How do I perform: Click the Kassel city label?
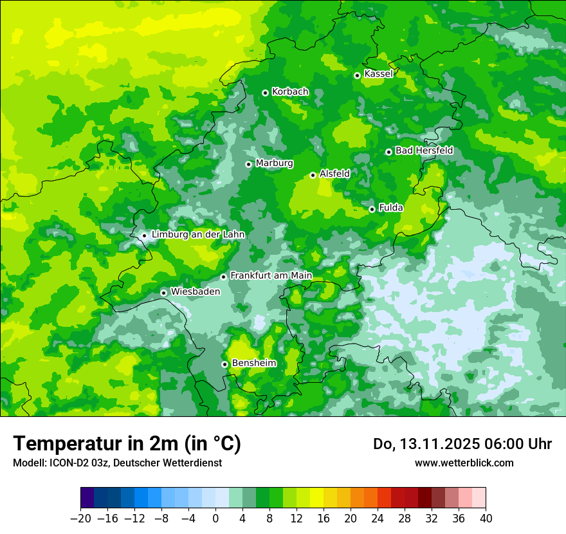coord(378,74)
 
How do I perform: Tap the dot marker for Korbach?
coord(265,93)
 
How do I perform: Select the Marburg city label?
coord(274,163)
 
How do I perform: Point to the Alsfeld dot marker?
coord(313,175)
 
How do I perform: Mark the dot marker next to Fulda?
coord(372,209)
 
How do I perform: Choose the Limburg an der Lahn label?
coord(198,235)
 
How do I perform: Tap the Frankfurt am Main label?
coord(271,276)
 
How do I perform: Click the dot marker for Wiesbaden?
coord(164,293)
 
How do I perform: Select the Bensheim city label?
coord(254,364)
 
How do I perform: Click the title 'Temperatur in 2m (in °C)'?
coord(127,444)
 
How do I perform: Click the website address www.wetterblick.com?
coord(464,463)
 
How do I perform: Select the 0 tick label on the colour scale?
coord(215,519)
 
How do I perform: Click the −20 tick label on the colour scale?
coord(80,519)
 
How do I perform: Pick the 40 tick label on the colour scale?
coord(486,519)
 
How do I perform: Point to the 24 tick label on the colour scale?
coord(378,519)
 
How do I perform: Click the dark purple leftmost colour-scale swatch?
coord(87,498)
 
